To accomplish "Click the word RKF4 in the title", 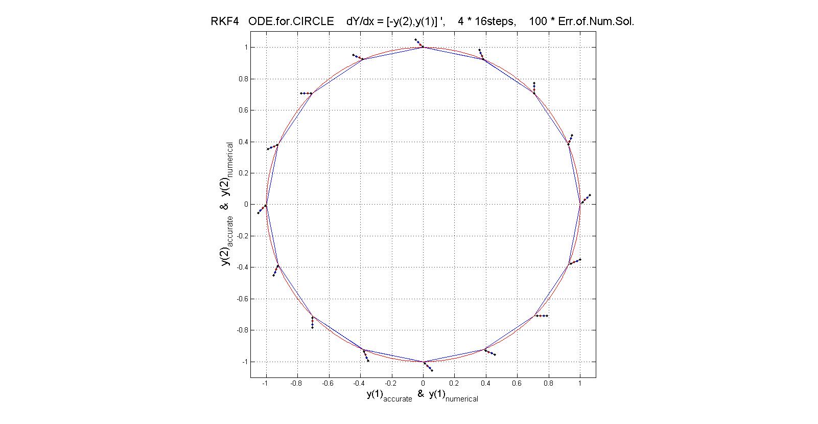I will (x=224, y=22).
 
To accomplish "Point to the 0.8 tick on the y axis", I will (x=242, y=79).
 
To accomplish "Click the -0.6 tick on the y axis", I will (x=241, y=299).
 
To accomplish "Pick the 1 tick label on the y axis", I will (x=246, y=47).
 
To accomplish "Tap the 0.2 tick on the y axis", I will (x=242, y=173).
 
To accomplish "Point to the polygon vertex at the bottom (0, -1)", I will (x=423, y=362).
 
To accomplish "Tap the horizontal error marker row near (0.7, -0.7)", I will (x=541, y=316).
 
